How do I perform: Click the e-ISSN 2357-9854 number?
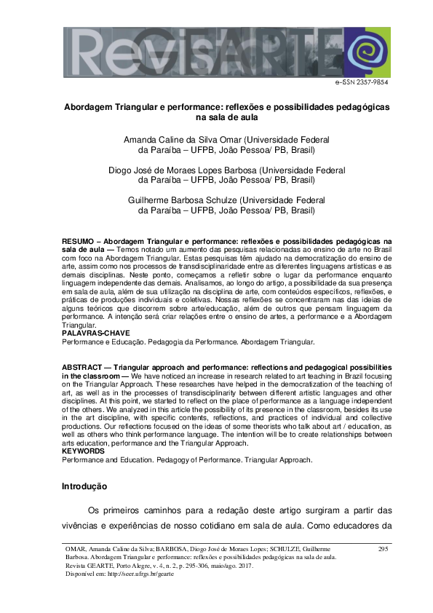(362, 83)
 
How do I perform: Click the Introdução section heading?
(84, 486)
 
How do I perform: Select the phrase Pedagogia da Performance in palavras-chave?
(193, 341)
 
